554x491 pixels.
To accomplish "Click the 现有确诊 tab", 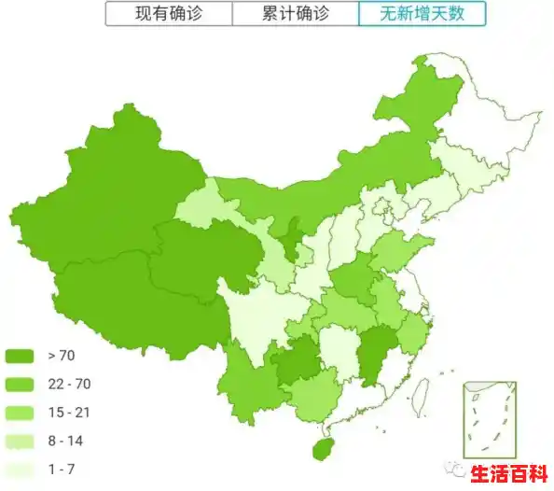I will pyautogui.click(x=168, y=14).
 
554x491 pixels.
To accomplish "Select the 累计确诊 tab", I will pyautogui.click(x=295, y=14).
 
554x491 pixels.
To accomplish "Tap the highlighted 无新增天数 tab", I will pyautogui.click(x=421, y=14).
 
